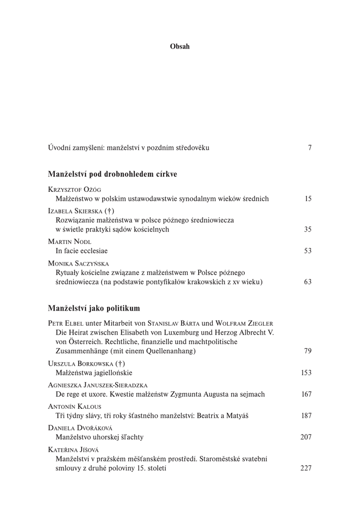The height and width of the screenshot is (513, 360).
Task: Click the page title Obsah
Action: point(180,47)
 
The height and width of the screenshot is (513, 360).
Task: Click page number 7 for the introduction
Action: point(310,148)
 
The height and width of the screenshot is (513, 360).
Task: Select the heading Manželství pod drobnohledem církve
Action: point(113,174)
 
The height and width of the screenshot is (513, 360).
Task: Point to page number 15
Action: point(308,199)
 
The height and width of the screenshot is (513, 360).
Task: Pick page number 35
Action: point(308,229)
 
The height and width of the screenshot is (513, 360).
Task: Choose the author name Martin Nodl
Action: point(70,242)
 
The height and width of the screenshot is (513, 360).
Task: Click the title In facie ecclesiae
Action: point(82,250)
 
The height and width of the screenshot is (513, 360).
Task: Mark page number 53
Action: point(308,250)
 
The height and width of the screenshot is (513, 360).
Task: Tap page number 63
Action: point(308,282)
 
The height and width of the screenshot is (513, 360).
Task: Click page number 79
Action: point(308,351)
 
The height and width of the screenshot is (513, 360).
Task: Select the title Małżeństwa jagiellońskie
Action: point(94,373)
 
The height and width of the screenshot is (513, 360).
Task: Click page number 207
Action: point(306,437)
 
